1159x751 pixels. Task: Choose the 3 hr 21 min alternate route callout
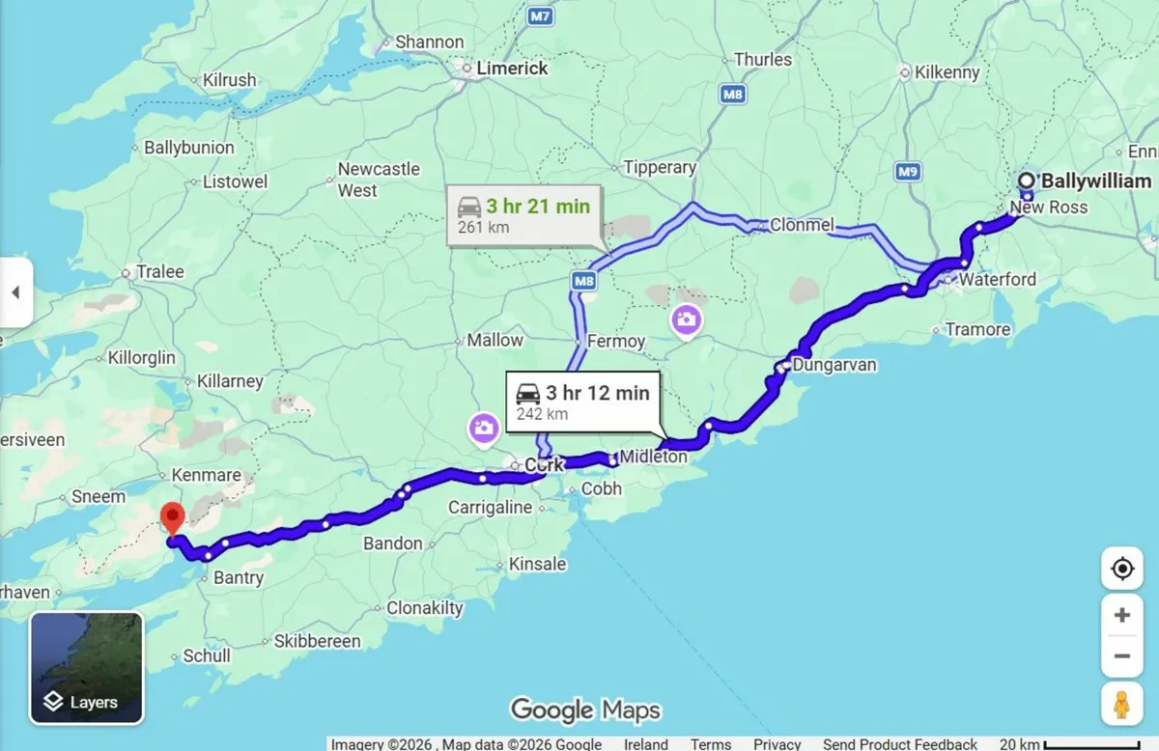click(x=523, y=215)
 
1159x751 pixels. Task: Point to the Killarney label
click(x=230, y=381)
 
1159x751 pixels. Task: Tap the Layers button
click(x=87, y=667)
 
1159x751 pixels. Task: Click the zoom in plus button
click(x=1121, y=615)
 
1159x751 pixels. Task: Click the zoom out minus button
click(x=1121, y=656)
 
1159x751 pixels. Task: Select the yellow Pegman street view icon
click(x=1121, y=706)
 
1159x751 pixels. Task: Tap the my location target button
click(x=1121, y=569)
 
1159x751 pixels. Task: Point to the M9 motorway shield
click(x=907, y=172)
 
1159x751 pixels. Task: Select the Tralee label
click(x=159, y=272)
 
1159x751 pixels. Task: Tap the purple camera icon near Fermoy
click(x=686, y=320)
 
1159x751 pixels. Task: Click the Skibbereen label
click(x=317, y=641)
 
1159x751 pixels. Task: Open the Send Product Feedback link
click(x=900, y=743)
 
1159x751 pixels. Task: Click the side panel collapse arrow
click(x=15, y=292)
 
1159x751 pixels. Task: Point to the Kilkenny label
click(x=947, y=72)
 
